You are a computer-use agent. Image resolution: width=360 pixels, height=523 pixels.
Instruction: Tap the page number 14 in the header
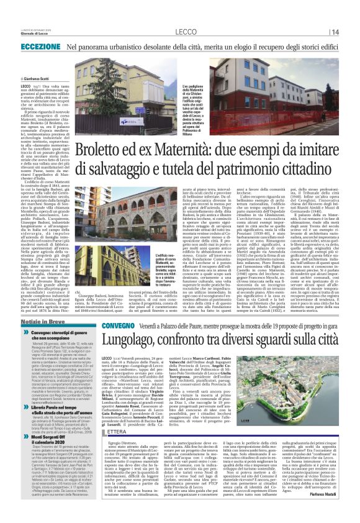click(x=334, y=32)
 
